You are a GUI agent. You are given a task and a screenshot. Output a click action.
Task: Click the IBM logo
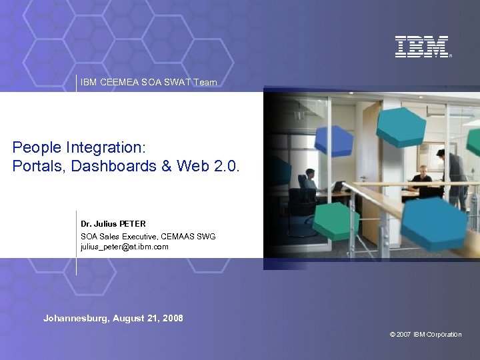(422, 47)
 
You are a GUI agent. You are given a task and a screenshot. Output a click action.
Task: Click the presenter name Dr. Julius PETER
(113, 223)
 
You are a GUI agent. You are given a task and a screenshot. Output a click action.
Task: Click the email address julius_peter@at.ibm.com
(125, 247)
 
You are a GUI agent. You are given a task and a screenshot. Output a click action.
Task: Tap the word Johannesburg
(75, 319)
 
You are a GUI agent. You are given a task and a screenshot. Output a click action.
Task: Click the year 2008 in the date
(172, 319)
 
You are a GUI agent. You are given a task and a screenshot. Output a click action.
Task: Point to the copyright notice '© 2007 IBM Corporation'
(425, 335)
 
